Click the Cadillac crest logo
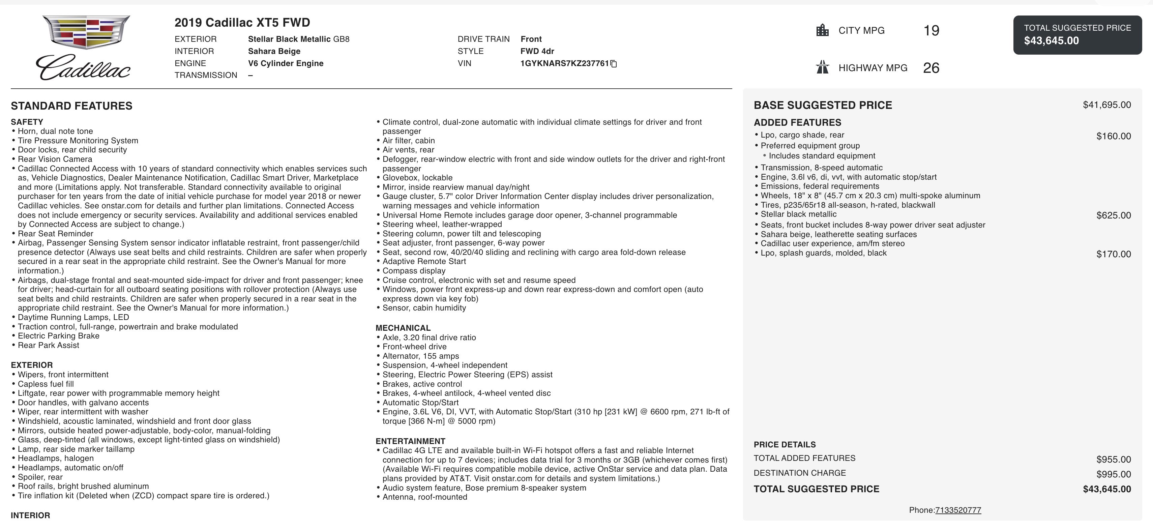pyautogui.click(x=86, y=32)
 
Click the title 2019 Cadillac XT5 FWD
pyautogui.click(x=242, y=22)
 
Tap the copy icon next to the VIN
pyautogui.click(x=614, y=64)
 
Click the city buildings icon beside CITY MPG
pyautogui.click(x=822, y=30)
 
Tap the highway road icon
pyautogui.click(x=822, y=67)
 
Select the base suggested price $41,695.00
pyautogui.click(x=1106, y=105)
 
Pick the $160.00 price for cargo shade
pyautogui.click(x=1113, y=136)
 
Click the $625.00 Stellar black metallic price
pyautogui.click(x=1113, y=215)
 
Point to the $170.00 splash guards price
pyautogui.click(x=1113, y=254)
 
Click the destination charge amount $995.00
pyautogui.click(x=1113, y=474)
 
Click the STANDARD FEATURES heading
pyautogui.click(x=71, y=106)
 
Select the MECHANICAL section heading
pyautogui.click(x=403, y=328)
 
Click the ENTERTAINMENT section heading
pyautogui.click(x=410, y=441)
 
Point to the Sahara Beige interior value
pyautogui.click(x=274, y=51)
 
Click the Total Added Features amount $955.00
pyautogui.click(x=1113, y=459)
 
